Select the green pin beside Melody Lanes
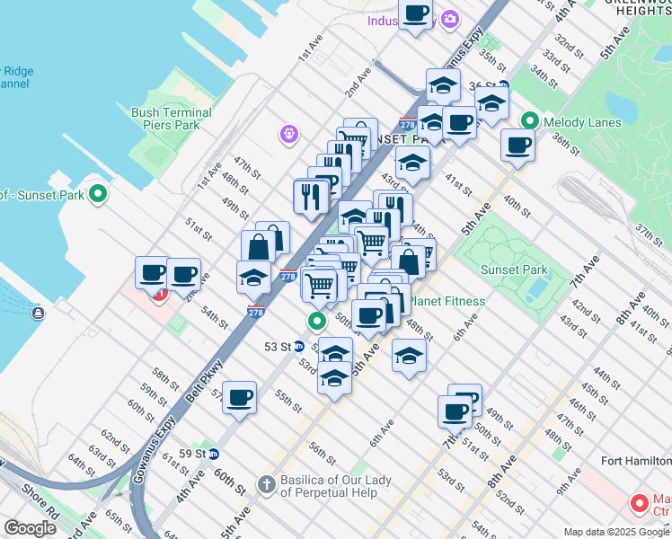(x=529, y=119)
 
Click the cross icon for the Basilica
(x=266, y=485)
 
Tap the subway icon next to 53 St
(x=299, y=346)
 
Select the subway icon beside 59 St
(x=213, y=454)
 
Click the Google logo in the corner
(x=31, y=528)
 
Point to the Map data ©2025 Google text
(x=616, y=532)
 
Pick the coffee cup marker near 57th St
(x=239, y=397)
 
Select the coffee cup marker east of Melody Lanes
(x=517, y=145)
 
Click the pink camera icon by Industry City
(x=449, y=19)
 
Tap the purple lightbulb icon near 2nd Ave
(x=288, y=134)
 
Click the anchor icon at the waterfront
(x=38, y=313)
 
